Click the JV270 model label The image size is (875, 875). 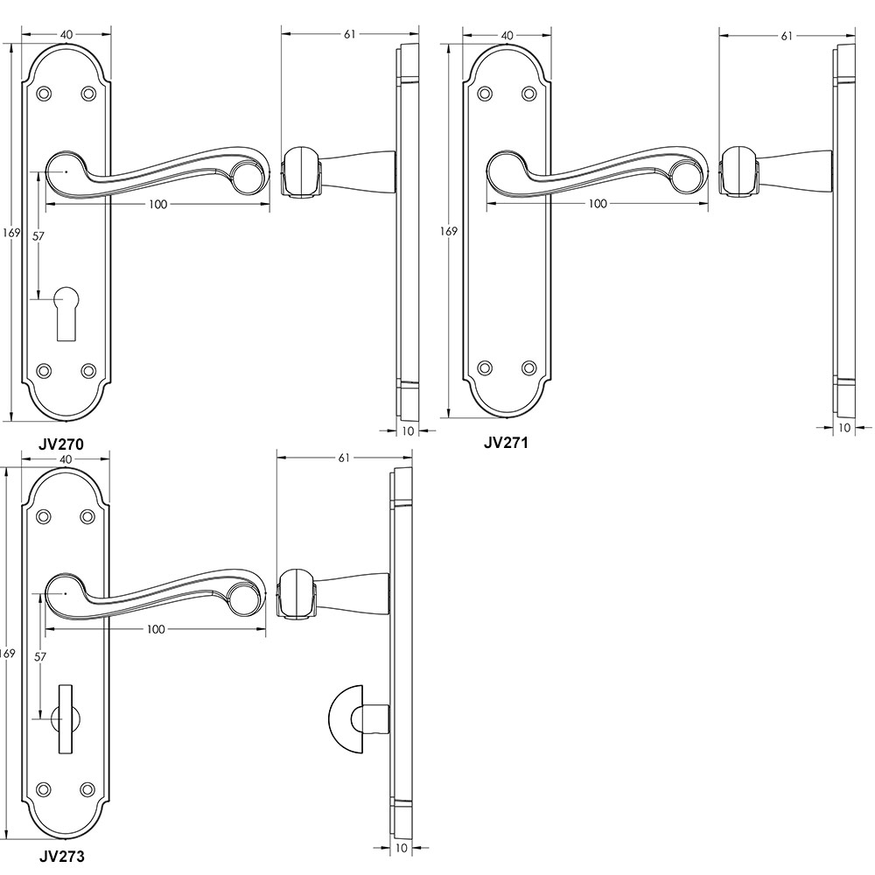coord(61,444)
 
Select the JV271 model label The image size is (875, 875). coord(506,442)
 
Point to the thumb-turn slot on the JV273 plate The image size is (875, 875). coord(65,717)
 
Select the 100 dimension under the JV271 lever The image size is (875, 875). coord(597,204)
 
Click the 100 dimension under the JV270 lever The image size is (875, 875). coord(157,204)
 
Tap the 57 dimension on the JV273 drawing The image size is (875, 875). coord(38,656)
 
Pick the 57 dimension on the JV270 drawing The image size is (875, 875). coord(38,236)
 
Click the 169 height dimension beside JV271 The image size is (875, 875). coord(448,232)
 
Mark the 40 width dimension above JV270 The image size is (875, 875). coord(66,34)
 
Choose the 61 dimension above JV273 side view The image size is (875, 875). coord(343,458)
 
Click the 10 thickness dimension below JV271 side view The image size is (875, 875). coord(843,428)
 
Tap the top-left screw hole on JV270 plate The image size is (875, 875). coord(44,93)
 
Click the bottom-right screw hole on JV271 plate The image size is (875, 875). coord(528,368)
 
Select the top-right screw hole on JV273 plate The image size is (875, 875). coord(86,517)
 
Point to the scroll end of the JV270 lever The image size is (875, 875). coord(248,178)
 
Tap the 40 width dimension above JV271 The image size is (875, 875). coord(507,34)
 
